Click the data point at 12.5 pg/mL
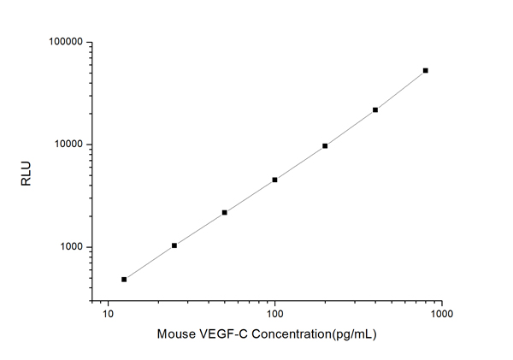tap(124, 279)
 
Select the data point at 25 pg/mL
tap(174, 245)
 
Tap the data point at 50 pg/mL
tap(224, 212)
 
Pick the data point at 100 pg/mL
tap(274, 180)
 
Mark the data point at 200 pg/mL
tap(325, 145)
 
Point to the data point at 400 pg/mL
tap(375, 109)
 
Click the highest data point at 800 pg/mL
tap(426, 70)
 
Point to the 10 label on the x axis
tap(108, 316)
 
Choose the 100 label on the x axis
tap(274, 316)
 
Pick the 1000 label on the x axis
tap(441, 316)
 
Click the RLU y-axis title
tap(25, 171)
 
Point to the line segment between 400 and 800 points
tap(400, 91)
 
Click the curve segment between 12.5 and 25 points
tap(149, 263)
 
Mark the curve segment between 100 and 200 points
tap(299, 162)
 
